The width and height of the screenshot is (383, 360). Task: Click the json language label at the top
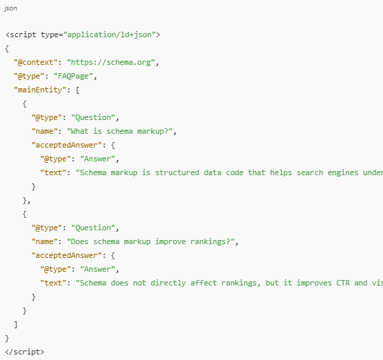[x=11, y=8]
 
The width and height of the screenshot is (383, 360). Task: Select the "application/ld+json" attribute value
[x=110, y=34]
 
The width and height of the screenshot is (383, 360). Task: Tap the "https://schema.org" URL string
[x=111, y=62]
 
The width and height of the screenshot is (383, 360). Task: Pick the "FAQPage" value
[x=73, y=76]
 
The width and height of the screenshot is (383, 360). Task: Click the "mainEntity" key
[x=40, y=90]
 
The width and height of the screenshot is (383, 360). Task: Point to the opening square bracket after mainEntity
[x=77, y=90]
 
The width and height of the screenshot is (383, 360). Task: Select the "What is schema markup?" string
[x=119, y=131]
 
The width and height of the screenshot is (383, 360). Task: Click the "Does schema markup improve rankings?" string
[x=150, y=241]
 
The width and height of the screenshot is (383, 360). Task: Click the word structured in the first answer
[x=177, y=172]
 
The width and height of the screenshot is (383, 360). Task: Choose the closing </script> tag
[x=24, y=352]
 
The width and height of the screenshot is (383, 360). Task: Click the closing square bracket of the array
[x=16, y=325]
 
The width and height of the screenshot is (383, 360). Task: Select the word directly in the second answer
[x=168, y=283]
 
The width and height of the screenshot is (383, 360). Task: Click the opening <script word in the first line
[x=21, y=34]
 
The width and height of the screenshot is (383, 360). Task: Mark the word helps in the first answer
[x=281, y=173]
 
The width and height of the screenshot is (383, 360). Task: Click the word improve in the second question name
[x=170, y=241]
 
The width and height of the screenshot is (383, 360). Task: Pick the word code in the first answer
[x=235, y=172]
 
